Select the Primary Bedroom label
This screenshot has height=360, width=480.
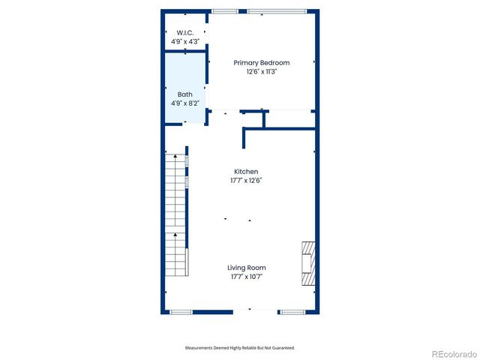point(261,63)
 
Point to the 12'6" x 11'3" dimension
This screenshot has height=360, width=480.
point(261,72)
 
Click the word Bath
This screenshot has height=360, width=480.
point(185,94)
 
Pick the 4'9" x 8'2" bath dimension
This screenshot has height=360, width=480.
point(185,103)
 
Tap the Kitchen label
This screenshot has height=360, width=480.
point(245,172)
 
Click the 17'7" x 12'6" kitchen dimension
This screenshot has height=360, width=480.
point(245,181)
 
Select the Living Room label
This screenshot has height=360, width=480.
point(247,268)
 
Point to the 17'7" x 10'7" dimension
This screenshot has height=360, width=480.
point(247,277)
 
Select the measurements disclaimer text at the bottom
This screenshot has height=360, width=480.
point(240,348)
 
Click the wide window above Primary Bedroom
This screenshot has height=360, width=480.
point(277,11)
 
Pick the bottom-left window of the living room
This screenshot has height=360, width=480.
point(181,312)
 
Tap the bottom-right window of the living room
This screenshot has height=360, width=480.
point(291,312)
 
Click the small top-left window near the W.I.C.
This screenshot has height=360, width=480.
point(224,11)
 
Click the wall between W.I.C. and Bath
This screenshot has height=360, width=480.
point(185,51)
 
